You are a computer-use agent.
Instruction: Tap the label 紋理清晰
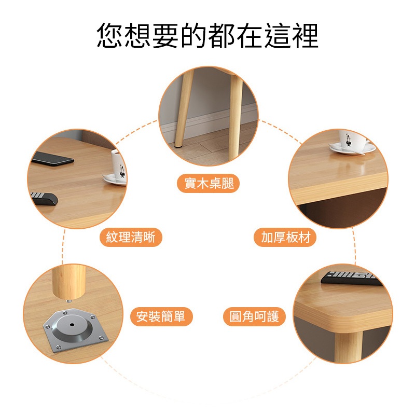(x=131, y=237)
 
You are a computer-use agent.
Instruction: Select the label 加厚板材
(x=285, y=237)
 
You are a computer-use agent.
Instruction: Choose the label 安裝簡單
(x=161, y=316)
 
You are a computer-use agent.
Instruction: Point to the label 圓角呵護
(x=254, y=316)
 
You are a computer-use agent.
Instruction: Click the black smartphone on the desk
(x=53, y=159)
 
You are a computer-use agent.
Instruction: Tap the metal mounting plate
(x=75, y=330)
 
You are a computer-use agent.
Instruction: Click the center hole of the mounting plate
(x=72, y=325)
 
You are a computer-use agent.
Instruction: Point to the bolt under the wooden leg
(x=68, y=301)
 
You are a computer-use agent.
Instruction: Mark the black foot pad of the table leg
(x=178, y=146)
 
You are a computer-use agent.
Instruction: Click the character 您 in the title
(x=110, y=35)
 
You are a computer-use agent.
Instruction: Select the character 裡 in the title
(x=305, y=35)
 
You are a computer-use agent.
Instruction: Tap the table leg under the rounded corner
(x=348, y=347)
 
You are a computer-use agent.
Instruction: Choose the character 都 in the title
(x=222, y=35)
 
